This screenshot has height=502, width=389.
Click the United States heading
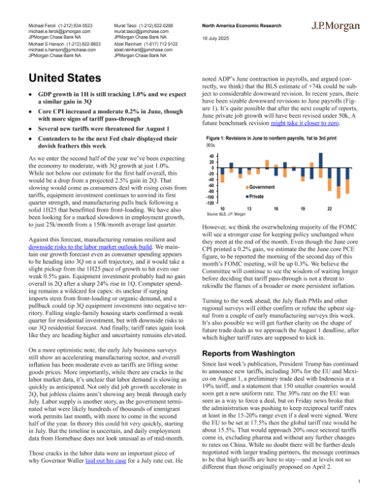click(x=65, y=78)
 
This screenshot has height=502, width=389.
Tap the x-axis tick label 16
click(x=277, y=208)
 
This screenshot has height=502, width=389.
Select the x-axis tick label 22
click(x=330, y=208)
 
